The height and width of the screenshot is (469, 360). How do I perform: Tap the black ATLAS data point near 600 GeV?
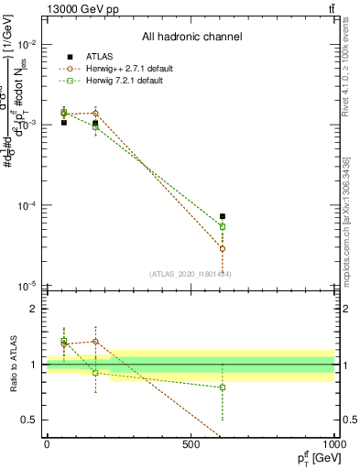click(223, 216)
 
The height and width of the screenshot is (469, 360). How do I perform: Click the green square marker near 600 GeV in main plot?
click(223, 226)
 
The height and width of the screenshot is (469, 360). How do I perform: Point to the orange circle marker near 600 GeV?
click(223, 248)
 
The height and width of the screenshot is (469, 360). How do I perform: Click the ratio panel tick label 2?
click(36, 310)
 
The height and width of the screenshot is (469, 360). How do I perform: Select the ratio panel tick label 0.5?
click(31, 420)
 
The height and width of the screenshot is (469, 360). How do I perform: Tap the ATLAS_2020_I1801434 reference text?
click(191, 274)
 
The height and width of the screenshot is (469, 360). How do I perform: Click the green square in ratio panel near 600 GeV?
click(223, 387)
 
